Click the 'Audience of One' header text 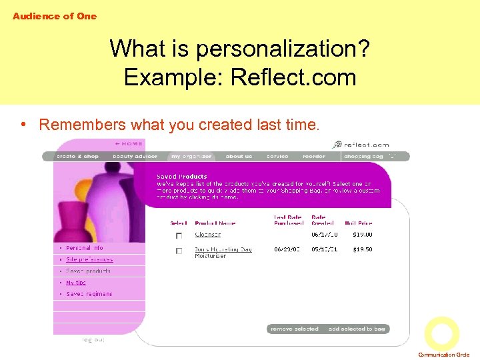pyautogui.click(x=55, y=16)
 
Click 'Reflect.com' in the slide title pyautogui.click(x=293, y=77)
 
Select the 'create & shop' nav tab pyautogui.click(x=77, y=157)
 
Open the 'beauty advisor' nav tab pyautogui.click(x=135, y=157)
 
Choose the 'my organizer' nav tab pyautogui.click(x=191, y=157)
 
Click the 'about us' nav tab pyautogui.click(x=239, y=157)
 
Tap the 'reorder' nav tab pyautogui.click(x=314, y=157)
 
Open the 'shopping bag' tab pyautogui.click(x=364, y=157)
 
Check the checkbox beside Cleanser pyautogui.click(x=179, y=236)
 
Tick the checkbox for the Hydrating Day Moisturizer pyautogui.click(x=179, y=251)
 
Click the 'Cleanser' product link pyautogui.click(x=207, y=235)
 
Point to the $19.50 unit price pyautogui.click(x=363, y=249)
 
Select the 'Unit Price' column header pyautogui.click(x=358, y=223)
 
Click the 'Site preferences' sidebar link pyautogui.click(x=89, y=259)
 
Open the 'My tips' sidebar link pyautogui.click(x=76, y=283)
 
